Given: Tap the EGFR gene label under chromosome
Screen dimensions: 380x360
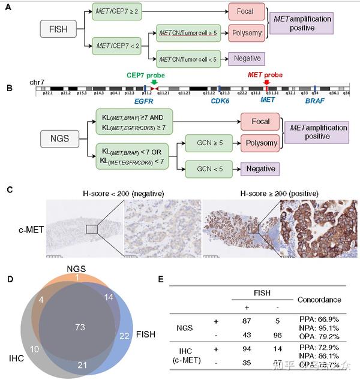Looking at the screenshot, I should point(143,102).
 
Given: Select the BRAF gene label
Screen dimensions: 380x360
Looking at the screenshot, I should point(314,102).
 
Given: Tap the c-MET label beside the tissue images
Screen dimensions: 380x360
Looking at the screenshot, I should point(28,228).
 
